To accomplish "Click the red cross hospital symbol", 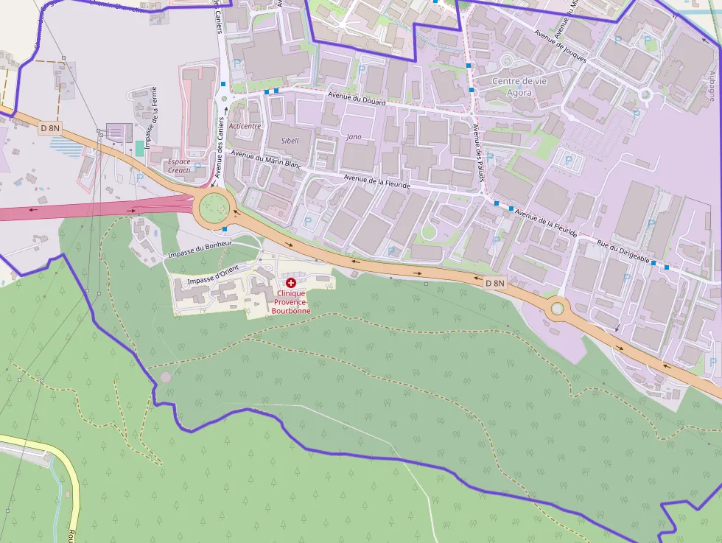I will click(x=291, y=283).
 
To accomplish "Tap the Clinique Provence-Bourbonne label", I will click(x=291, y=302).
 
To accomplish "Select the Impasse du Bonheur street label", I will click(x=200, y=248).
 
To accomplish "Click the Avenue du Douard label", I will click(x=357, y=100).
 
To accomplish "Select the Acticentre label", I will click(x=245, y=126).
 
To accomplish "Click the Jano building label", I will click(x=354, y=136).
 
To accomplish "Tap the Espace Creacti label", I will click(x=179, y=166).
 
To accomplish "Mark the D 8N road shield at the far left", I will click(x=50, y=128).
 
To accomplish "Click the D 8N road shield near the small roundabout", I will click(x=496, y=283).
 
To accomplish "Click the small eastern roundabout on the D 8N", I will click(x=558, y=307).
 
